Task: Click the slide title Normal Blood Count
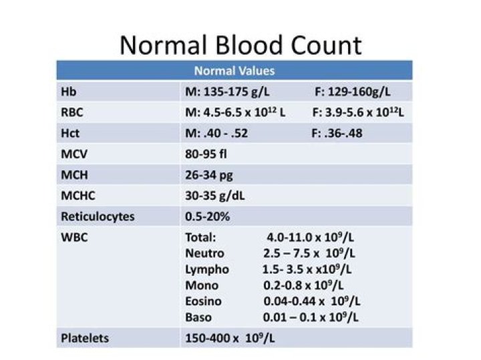[240, 45]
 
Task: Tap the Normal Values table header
[234, 71]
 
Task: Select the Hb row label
[67, 92]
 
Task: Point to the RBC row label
[72, 112]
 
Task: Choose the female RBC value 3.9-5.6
[357, 112]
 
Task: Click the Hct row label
[70, 133]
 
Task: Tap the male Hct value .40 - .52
[216, 133]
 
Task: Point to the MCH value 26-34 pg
[209, 175]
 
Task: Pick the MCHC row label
[77, 196]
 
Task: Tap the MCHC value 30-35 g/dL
[218, 196]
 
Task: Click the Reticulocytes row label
[98, 217]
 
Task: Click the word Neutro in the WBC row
[204, 253]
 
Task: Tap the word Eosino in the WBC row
[203, 301]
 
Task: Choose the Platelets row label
[86, 338]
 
